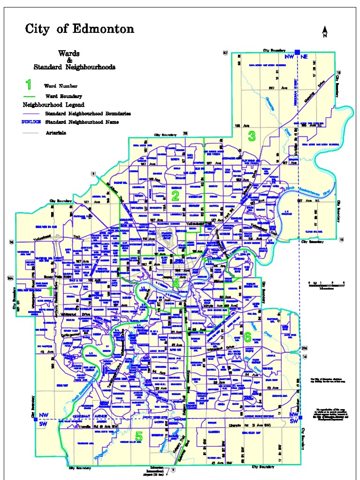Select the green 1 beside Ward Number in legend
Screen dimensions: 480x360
[29, 85]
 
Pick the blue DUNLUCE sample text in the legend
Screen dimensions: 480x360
[31, 122]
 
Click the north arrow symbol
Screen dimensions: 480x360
[325, 32]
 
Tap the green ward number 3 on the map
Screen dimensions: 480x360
[252, 136]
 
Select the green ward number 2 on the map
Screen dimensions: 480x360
[175, 196]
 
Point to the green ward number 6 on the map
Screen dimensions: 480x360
[247, 337]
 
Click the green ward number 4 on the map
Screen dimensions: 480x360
[175, 284]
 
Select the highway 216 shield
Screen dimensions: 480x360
[304, 348]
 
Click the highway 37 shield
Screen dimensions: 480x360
[225, 53]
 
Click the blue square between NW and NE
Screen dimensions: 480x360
[297, 52]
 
